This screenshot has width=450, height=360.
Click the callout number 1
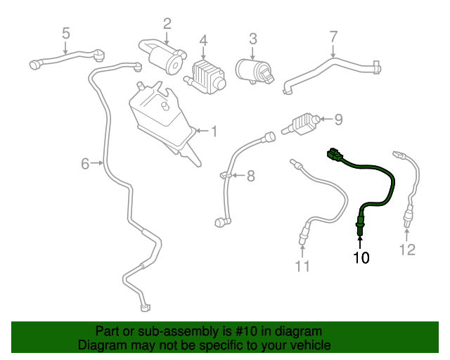214,131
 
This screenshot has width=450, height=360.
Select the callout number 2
167,24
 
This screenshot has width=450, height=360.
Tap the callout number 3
253,39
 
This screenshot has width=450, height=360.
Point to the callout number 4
203,41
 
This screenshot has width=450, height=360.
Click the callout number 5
66,32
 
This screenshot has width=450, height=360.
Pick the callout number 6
86,164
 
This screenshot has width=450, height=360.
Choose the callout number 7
334,36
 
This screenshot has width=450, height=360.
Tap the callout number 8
249,175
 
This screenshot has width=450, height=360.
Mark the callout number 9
337,120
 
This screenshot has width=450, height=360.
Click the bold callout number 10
361,257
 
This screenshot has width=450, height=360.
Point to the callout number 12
408,249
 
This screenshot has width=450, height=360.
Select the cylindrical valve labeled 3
252,70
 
